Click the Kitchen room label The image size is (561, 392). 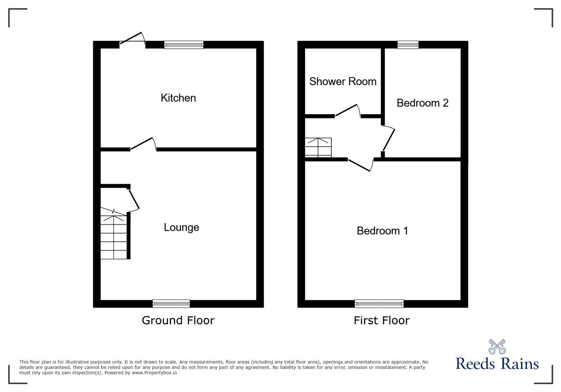pos(178,98)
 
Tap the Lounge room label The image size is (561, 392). pos(181,227)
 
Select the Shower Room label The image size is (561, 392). pos(343,81)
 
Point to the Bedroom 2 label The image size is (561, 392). pos(422,103)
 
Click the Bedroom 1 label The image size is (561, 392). pos(382,231)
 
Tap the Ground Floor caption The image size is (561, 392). pos(178,320)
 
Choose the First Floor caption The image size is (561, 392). pos(381,320)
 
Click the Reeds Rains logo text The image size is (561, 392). pos(497,364)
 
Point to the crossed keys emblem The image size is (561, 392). pos(497,346)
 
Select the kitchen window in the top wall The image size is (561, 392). pos(184,44)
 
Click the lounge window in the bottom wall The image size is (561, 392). pos(171,303)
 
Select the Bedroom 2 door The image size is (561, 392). pos(388,140)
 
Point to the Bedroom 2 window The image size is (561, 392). pos(408,44)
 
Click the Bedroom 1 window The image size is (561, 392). pos(379,303)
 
